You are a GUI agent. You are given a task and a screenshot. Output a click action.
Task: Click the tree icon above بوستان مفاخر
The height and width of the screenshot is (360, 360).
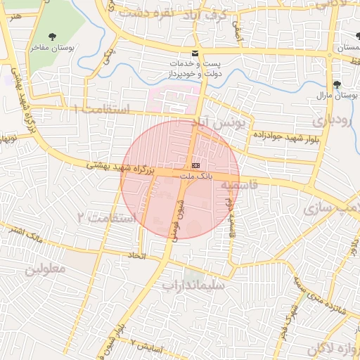point(53,36)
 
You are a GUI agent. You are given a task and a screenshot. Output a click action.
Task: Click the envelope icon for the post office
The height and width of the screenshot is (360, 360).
point(195,54)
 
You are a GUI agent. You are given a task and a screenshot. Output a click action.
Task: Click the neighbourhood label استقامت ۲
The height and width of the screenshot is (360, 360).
point(108,217)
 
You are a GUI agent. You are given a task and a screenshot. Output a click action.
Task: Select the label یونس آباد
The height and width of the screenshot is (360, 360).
point(223,124)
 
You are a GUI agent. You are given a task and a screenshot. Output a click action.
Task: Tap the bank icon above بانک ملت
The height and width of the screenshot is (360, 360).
point(195,165)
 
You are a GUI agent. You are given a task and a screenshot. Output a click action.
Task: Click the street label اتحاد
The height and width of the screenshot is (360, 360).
point(136,255)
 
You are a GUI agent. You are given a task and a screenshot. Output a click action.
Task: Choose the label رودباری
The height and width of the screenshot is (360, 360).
point(330,120)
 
